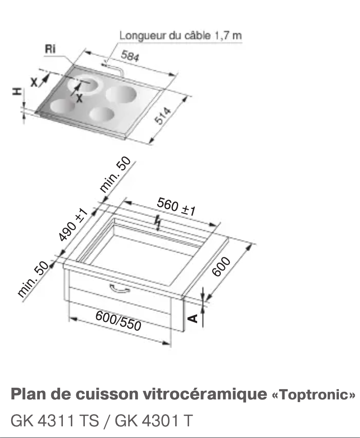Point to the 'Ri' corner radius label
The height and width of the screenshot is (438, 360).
(x=50, y=50)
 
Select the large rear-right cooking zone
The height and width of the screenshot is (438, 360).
(x=121, y=94)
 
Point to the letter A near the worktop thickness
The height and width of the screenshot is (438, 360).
(x=193, y=318)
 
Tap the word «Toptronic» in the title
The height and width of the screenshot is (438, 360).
(x=314, y=395)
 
